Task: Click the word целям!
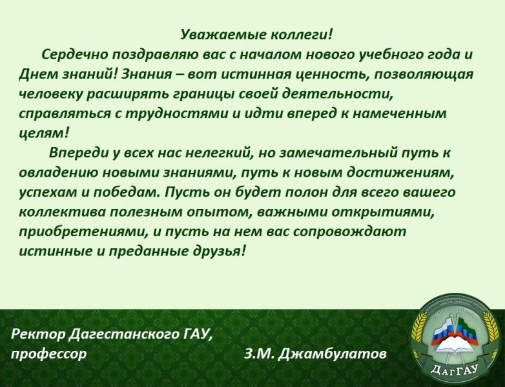point(44,133)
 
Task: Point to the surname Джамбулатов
point(333,354)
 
